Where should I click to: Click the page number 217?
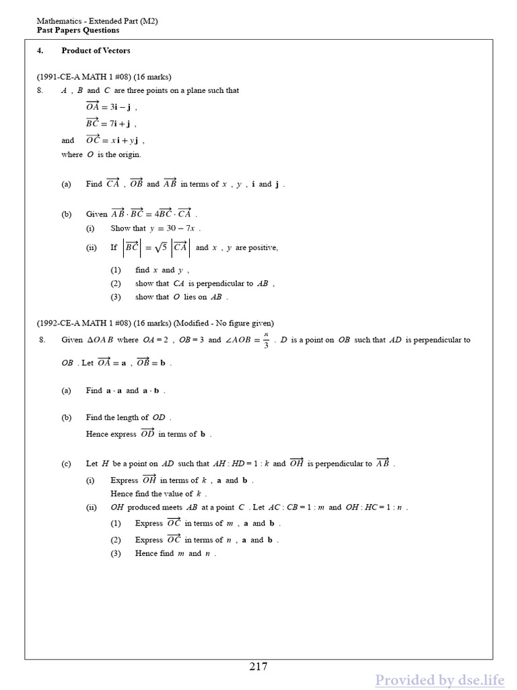coord(258,667)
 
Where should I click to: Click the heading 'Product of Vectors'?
coord(96,51)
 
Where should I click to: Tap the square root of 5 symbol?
coord(160,247)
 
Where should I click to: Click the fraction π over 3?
coord(266,340)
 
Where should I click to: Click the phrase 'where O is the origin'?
coord(101,154)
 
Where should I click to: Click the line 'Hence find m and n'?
coord(175,553)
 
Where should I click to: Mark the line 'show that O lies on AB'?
coord(181,297)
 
